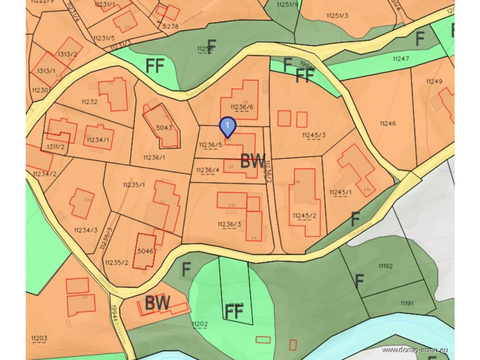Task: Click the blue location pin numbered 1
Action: click(228, 126)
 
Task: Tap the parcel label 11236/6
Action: click(242, 107)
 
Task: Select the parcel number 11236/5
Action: click(210, 145)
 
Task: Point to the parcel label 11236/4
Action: click(208, 170)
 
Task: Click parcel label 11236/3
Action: click(229, 224)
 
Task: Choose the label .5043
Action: click(163, 128)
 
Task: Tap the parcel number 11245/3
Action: click(314, 135)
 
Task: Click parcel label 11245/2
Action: click(304, 216)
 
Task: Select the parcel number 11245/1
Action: click(340, 192)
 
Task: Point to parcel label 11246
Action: click(387, 123)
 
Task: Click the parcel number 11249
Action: click(434, 81)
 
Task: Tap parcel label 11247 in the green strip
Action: click(400, 59)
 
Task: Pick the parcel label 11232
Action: click(89, 102)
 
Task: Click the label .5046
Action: click(145, 251)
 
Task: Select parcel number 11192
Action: click(385, 266)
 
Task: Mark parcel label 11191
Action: click(406, 303)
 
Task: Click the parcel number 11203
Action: click(39, 338)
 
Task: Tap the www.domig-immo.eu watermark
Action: click(414, 350)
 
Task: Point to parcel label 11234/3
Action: click(86, 230)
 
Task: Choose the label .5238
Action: click(169, 26)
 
